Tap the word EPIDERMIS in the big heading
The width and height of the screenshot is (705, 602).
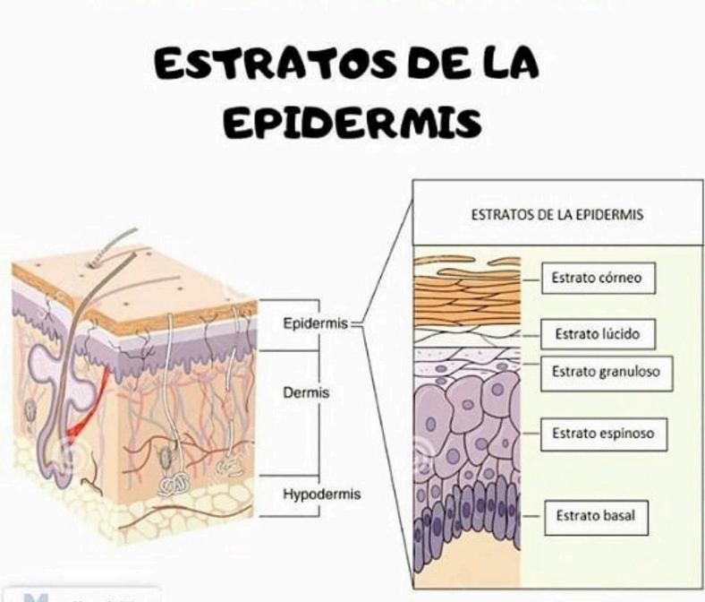coord(351,123)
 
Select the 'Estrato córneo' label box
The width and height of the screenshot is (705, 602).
coord(598,278)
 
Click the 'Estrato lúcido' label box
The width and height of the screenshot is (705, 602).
coord(598,334)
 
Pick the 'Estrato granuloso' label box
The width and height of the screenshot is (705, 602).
coord(606,372)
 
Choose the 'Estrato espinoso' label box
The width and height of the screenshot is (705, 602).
coord(603,434)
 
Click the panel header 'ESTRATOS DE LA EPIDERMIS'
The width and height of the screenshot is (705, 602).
coord(557,215)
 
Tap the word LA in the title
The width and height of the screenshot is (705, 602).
coord(506,64)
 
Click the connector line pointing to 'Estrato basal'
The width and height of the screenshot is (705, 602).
coord(533,516)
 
